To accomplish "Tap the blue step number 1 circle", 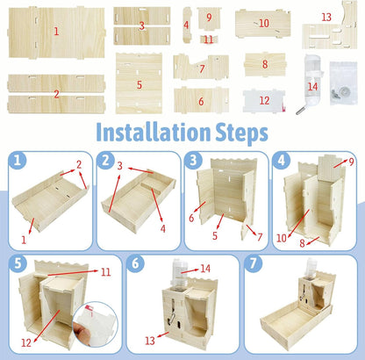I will pos(16,161).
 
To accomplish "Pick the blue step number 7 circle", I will pos(253,263).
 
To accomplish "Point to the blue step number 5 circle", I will pos(16,263).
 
